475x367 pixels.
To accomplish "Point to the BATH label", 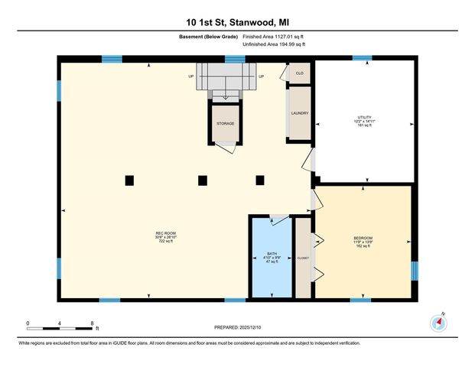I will (x=272, y=253).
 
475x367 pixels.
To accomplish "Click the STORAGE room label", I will (x=225, y=123).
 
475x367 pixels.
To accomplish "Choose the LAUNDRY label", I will (x=299, y=113).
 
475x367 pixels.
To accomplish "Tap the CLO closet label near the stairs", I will (x=300, y=73).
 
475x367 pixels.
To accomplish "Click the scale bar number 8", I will (x=92, y=323).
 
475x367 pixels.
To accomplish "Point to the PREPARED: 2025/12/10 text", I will (x=237, y=327).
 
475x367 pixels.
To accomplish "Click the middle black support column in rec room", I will (x=203, y=180).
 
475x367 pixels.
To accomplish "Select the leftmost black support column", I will (x=129, y=180).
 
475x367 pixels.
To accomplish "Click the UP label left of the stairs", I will (x=190, y=76).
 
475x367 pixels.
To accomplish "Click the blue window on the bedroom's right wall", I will (x=415, y=271).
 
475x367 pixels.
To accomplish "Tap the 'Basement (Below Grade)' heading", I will (x=210, y=37).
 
